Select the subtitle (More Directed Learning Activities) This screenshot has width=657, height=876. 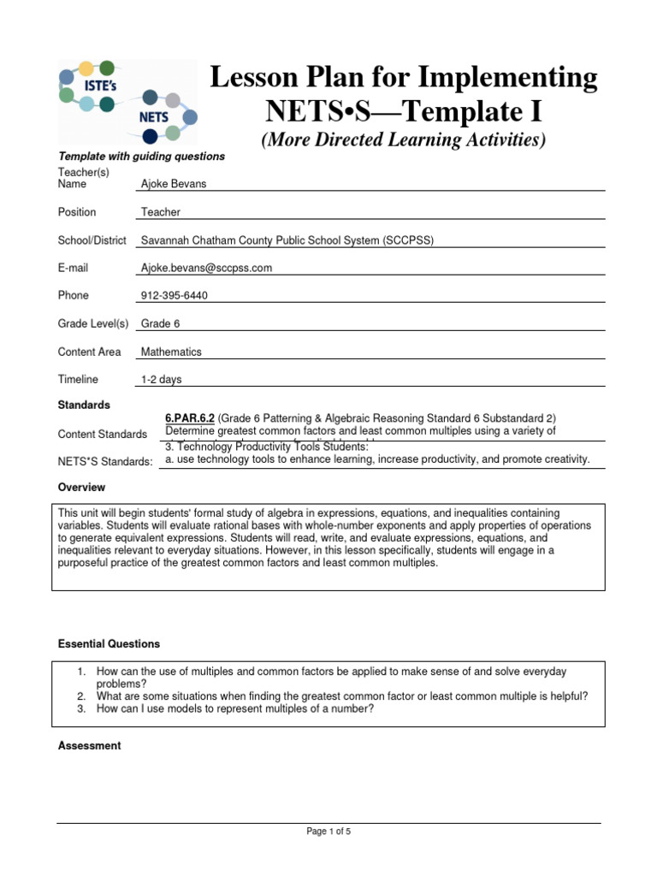pyautogui.click(x=403, y=139)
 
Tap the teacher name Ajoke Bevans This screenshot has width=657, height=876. pyautogui.click(x=174, y=184)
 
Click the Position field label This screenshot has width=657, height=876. pyautogui.click(x=77, y=212)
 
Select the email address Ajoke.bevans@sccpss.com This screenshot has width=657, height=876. pyautogui.click(x=206, y=268)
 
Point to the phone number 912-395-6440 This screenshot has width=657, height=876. pyautogui.click(x=175, y=296)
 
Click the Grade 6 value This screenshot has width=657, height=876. pyautogui.click(x=160, y=323)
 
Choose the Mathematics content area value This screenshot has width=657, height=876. pyautogui.click(x=171, y=352)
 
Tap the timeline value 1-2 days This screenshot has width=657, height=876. pyautogui.click(x=161, y=380)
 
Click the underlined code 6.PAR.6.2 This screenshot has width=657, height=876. pyautogui.click(x=189, y=417)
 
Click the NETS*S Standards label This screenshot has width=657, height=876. pyautogui.click(x=105, y=462)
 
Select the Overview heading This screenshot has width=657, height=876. pyautogui.click(x=81, y=488)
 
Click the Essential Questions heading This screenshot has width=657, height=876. pyautogui.click(x=109, y=644)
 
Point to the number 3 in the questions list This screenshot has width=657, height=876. pyautogui.click(x=81, y=709)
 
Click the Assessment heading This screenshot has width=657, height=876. pyautogui.click(x=89, y=746)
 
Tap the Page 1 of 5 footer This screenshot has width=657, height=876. pyautogui.click(x=328, y=832)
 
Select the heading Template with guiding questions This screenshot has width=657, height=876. pyautogui.click(x=141, y=157)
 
